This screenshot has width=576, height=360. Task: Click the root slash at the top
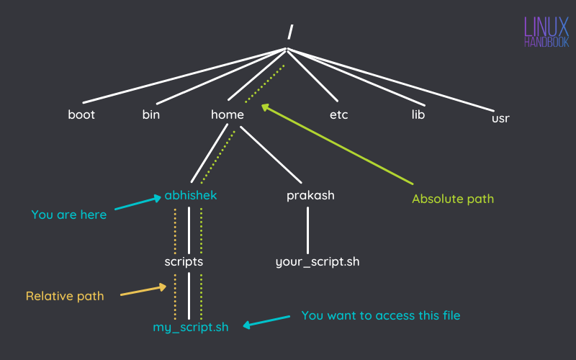point(290,32)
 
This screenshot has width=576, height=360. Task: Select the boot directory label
point(81,114)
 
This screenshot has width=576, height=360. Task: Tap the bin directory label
point(151,114)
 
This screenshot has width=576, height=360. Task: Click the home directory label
point(228,114)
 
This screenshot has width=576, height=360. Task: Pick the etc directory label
point(338,114)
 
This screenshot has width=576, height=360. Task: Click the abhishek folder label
point(190,195)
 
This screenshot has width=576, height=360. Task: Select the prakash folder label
point(310,196)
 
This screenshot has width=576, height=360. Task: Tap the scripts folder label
point(184,262)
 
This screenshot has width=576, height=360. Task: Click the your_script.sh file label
point(318,262)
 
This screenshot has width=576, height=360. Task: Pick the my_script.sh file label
point(190,327)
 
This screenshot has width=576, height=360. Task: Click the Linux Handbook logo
point(546,32)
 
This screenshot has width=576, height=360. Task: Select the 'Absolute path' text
point(453,198)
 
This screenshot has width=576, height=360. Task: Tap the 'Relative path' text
point(65,296)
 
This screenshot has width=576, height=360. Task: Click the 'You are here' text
point(69,215)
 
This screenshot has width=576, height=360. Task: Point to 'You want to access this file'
point(380,315)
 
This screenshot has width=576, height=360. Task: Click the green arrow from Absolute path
point(338,143)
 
